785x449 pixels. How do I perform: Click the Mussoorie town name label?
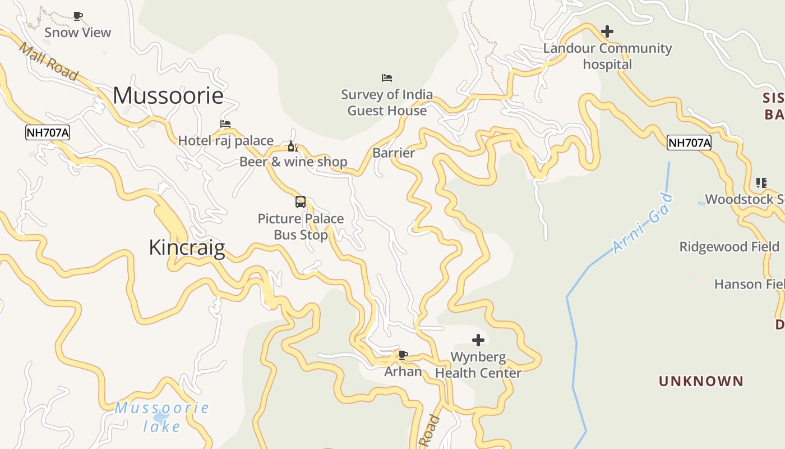click(x=168, y=95)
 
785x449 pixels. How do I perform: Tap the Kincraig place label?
click(x=187, y=248)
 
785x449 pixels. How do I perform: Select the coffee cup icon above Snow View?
click(x=78, y=16)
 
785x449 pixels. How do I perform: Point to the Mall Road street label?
click(x=48, y=61)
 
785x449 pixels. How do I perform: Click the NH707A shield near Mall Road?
click(x=48, y=133)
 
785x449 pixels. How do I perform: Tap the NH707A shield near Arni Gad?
click(x=689, y=143)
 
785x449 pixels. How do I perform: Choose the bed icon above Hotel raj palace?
click(x=225, y=124)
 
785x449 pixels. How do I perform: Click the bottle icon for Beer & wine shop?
click(x=293, y=147)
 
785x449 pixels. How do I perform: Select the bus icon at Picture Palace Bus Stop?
click(x=301, y=202)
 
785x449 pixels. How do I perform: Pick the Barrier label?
click(x=394, y=153)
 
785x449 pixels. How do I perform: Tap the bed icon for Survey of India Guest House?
click(x=387, y=77)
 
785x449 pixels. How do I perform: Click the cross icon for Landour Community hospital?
click(x=607, y=31)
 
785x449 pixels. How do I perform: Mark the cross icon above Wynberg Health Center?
click(x=478, y=340)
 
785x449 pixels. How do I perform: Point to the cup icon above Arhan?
click(x=403, y=355)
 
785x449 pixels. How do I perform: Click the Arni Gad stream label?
click(x=643, y=223)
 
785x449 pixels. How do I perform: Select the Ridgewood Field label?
click(x=729, y=247)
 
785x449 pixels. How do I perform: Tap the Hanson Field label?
click(x=749, y=285)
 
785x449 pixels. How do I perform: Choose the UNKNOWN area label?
click(x=701, y=382)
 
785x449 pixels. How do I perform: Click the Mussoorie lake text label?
click(x=162, y=417)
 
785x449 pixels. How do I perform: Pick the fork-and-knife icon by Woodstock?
click(x=761, y=182)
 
